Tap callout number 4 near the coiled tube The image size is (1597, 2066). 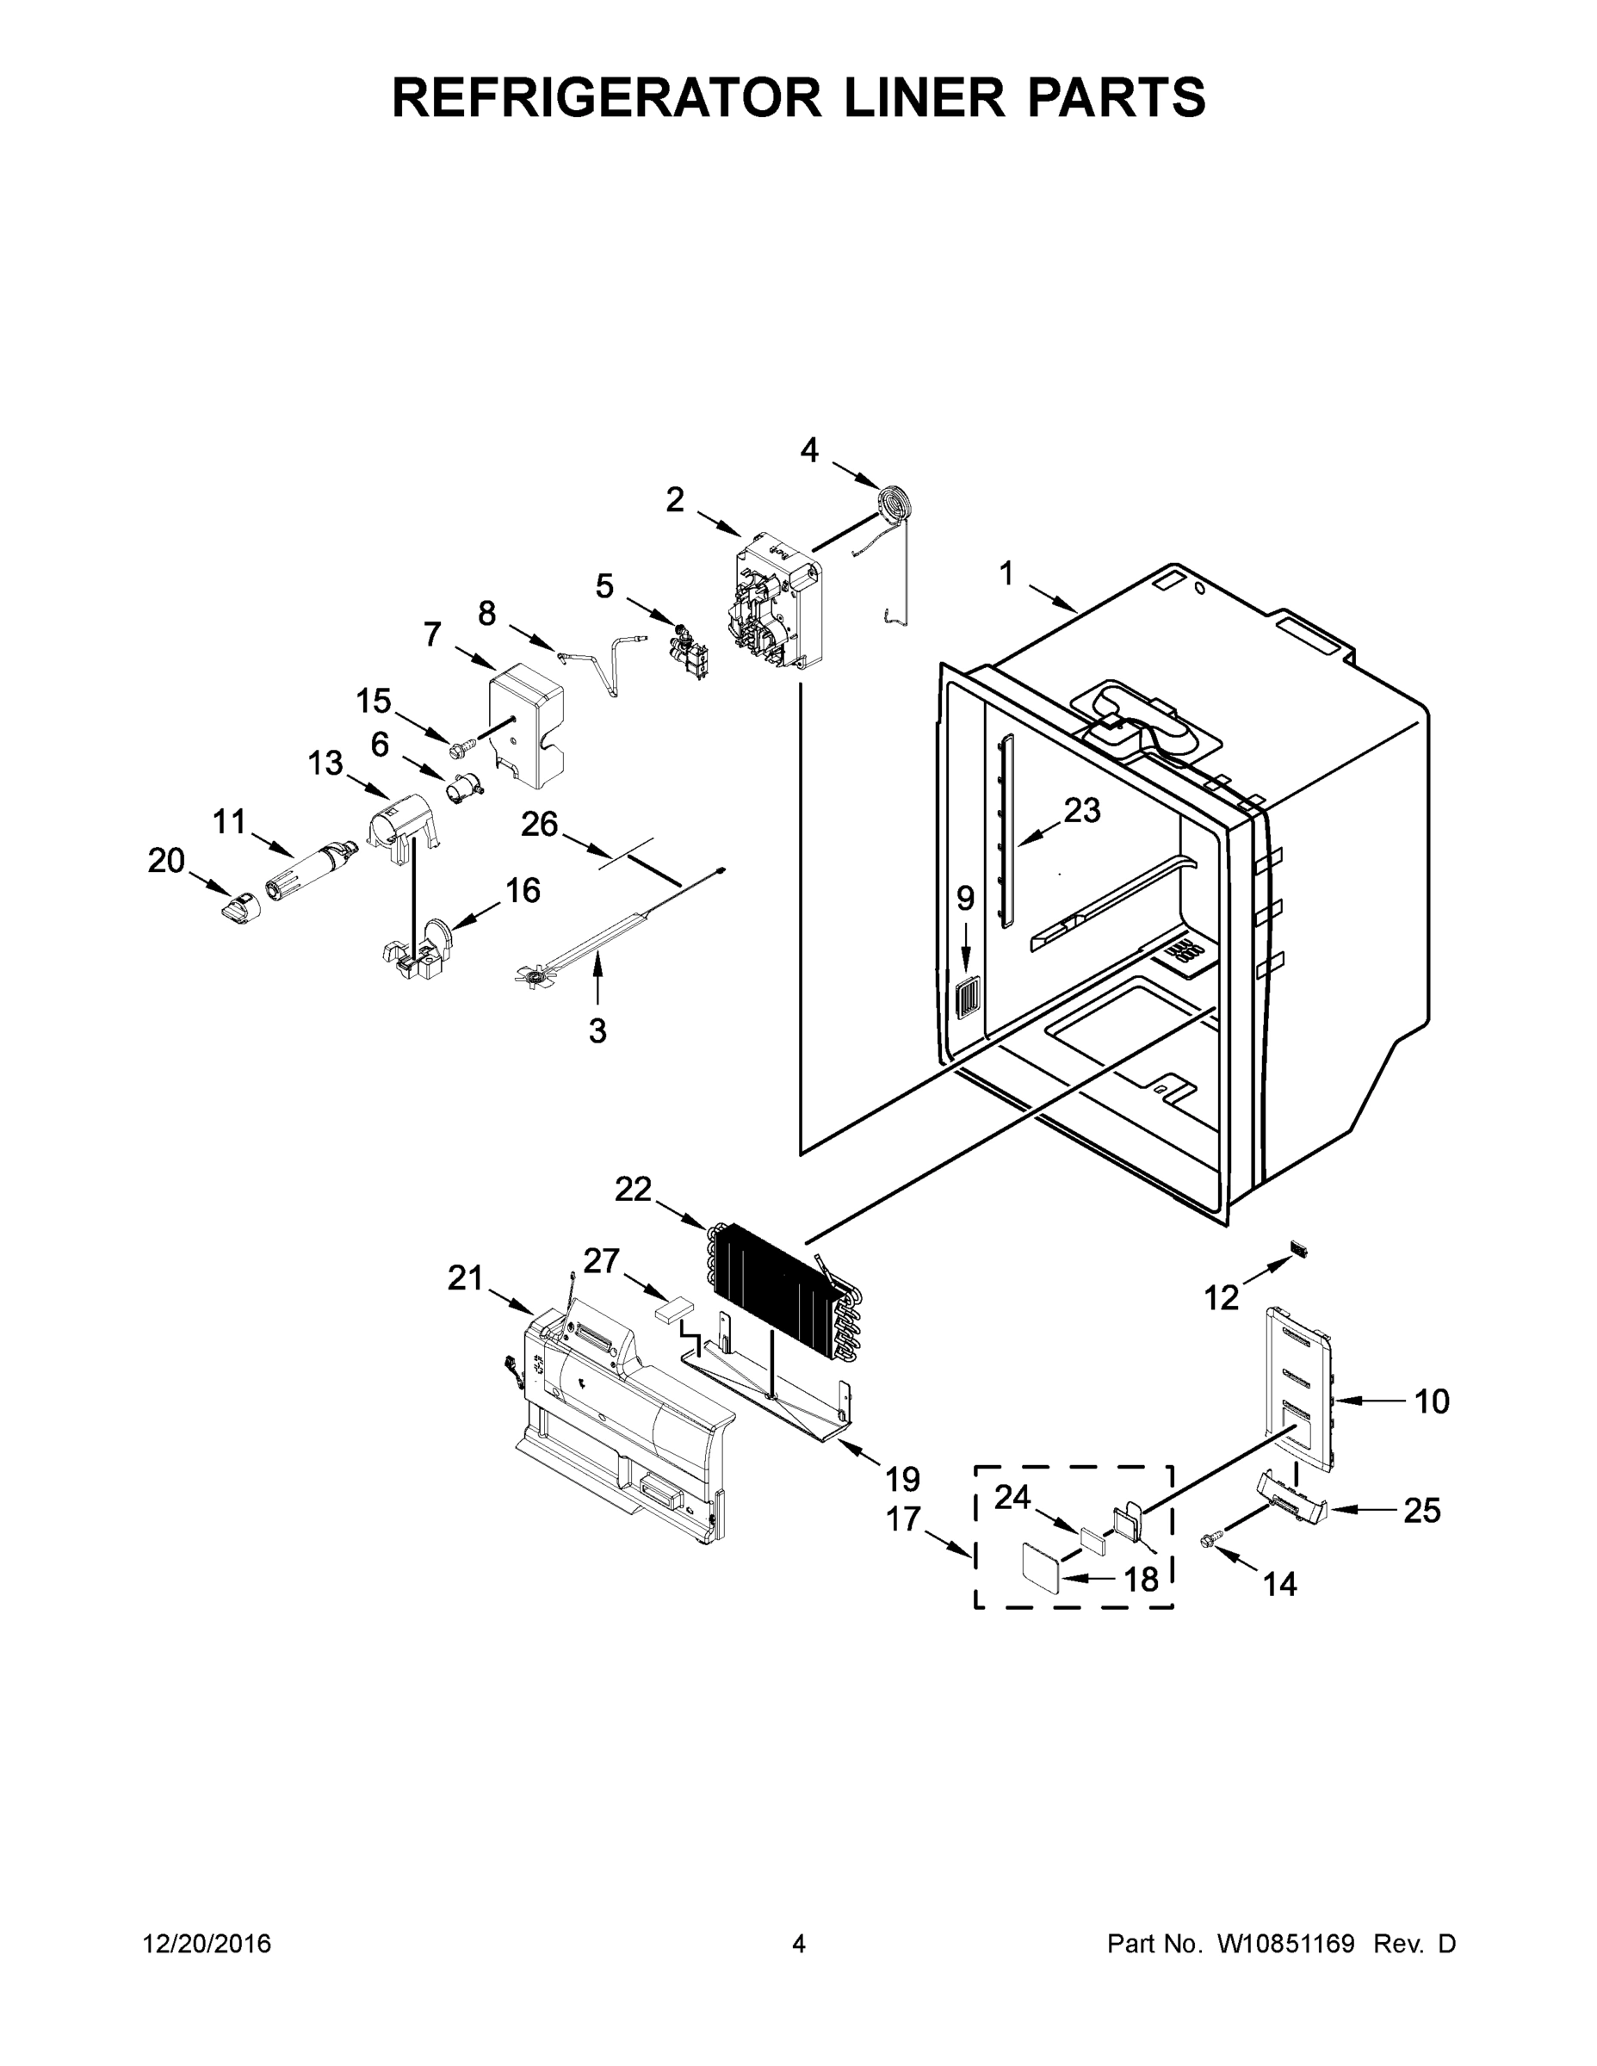coord(809,450)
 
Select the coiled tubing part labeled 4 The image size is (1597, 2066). coord(891,500)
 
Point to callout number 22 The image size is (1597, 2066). coord(633,1189)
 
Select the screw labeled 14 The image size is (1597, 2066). coord(1207,1542)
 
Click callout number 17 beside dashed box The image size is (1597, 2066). coord(903,1519)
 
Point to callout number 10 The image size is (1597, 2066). coord(1432,1401)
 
